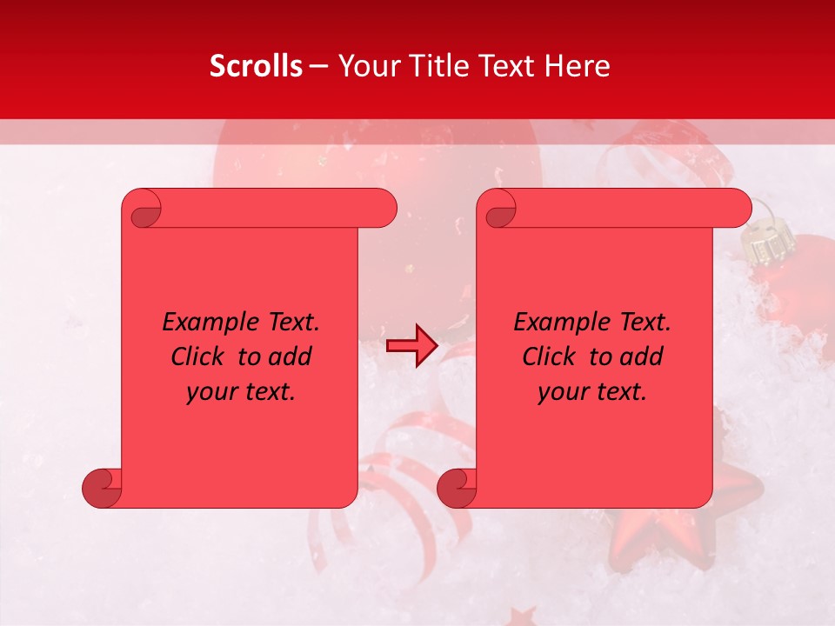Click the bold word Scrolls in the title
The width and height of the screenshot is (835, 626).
256,66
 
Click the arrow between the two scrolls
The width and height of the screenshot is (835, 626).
411,345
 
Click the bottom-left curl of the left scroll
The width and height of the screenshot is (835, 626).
102,489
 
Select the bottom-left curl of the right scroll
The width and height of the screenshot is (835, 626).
457,489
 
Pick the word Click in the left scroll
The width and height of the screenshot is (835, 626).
200,356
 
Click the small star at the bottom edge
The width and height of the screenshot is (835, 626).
522,616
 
